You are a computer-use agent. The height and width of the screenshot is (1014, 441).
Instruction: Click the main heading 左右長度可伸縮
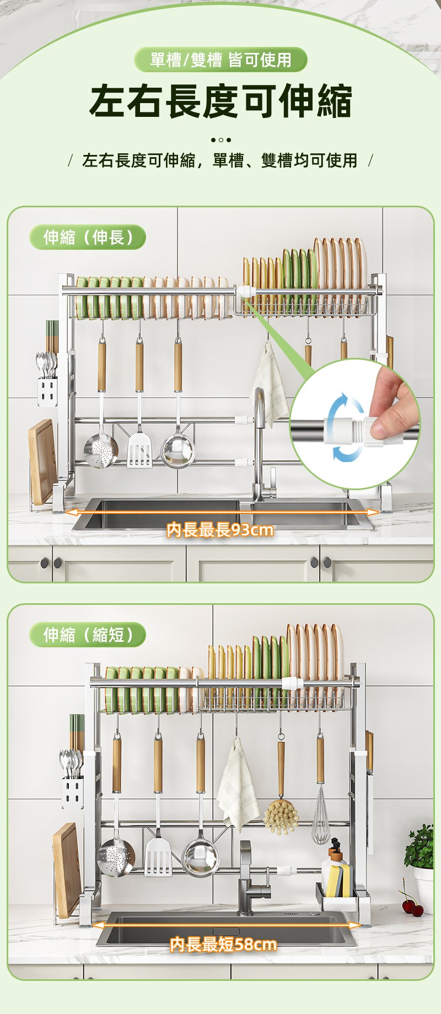220,101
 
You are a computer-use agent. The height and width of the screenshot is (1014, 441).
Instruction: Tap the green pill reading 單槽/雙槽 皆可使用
220,60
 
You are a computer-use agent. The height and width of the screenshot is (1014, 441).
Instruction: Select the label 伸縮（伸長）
88,237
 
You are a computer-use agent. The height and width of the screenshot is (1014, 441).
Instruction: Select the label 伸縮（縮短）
88,634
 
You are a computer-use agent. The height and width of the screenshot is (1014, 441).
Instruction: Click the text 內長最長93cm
220,530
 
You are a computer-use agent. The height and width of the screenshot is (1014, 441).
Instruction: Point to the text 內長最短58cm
223,944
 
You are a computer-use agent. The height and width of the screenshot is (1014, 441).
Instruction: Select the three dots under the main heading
220,140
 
